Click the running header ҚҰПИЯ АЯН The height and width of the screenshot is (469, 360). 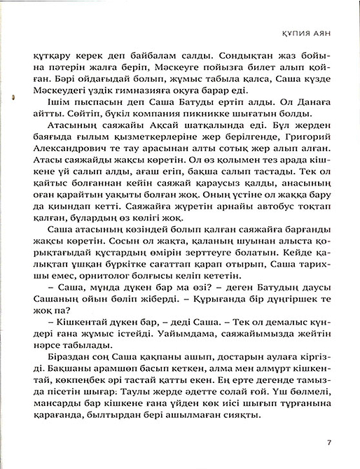pyautogui.click(x=314, y=31)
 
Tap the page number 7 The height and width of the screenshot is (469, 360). pyautogui.click(x=329, y=442)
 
